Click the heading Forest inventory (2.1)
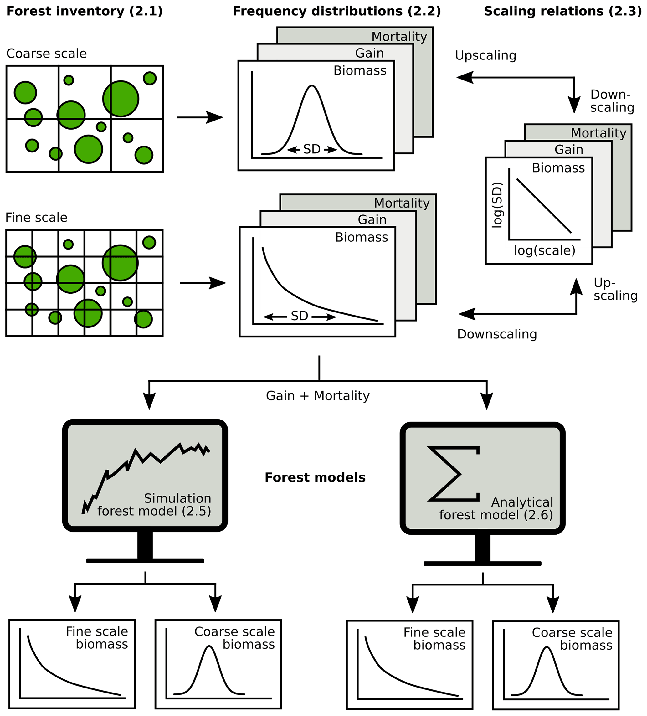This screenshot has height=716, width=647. [85, 11]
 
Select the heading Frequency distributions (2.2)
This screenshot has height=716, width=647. [336, 11]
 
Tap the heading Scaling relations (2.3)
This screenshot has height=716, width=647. [562, 11]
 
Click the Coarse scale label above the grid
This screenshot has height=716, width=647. [47, 54]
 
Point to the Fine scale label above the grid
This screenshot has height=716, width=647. [36, 217]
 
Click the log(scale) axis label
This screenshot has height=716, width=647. [544, 250]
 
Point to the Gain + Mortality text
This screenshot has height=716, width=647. [317, 396]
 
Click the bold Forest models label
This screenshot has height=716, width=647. [315, 477]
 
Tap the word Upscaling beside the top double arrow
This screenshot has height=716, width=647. [485, 55]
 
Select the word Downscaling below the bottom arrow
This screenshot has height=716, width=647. [496, 334]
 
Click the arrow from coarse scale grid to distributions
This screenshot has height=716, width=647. [200, 117]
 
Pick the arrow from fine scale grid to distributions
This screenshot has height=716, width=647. [203, 283]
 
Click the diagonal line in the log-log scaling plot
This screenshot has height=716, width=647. [543, 206]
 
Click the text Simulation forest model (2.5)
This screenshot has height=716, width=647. [154, 505]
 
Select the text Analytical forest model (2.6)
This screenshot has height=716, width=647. [496, 508]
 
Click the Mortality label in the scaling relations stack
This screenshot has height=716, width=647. [598, 133]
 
